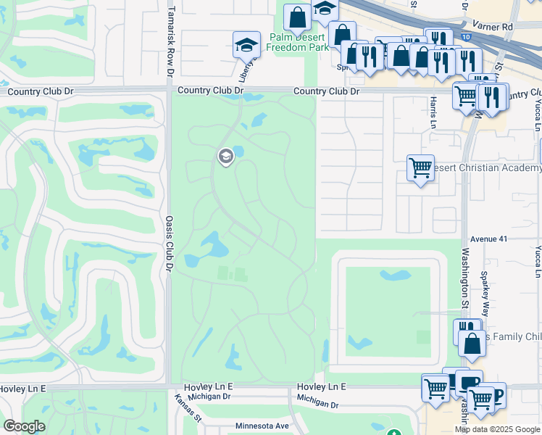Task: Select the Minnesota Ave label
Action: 261,426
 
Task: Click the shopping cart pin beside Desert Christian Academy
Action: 420,168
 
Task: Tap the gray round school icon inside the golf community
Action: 225,156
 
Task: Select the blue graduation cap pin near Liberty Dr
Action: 246,45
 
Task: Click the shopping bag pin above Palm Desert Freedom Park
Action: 297,17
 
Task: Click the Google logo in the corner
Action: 24,426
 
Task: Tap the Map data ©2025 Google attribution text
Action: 497,429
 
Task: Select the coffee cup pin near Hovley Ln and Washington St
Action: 468,382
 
